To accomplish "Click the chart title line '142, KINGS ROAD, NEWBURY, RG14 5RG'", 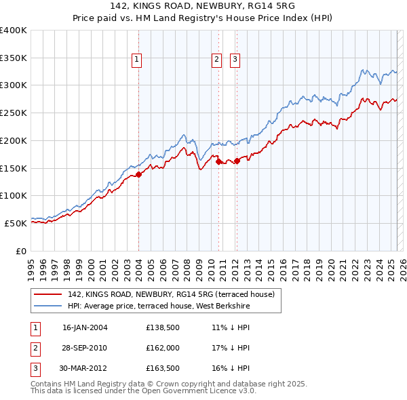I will coord(203,7).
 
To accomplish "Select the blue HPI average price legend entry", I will coord(159,306).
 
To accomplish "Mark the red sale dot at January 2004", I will coord(138,174).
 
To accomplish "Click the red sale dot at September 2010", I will coord(218,161).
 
